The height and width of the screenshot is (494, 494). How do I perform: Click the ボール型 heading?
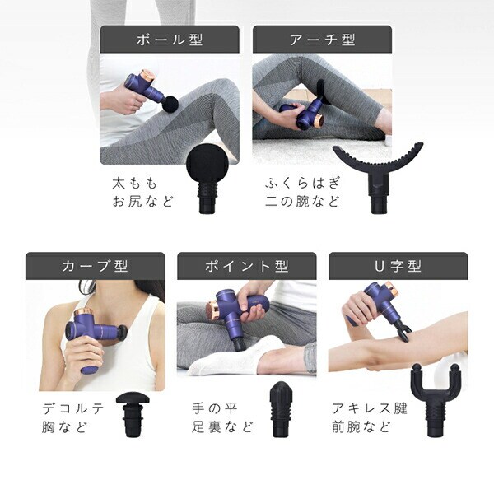(x=170, y=40)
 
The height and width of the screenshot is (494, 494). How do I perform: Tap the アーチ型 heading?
(x=323, y=40)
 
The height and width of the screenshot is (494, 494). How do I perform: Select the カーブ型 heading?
(x=95, y=266)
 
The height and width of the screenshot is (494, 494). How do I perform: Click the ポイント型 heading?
(x=247, y=266)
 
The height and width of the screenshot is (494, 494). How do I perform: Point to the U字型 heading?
(x=398, y=266)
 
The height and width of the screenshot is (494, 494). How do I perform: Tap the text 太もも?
(x=134, y=184)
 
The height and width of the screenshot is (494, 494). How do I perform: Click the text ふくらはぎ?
(x=303, y=184)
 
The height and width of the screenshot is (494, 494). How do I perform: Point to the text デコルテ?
(x=72, y=408)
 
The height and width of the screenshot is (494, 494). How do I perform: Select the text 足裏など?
(x=222, y=427)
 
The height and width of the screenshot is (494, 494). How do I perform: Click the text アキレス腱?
(x=370, y=408)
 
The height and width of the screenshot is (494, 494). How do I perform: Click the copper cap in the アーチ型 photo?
(x=319, y=121)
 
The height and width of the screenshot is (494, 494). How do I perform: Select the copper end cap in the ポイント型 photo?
(x=212, y=310)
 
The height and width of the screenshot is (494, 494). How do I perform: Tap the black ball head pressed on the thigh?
(x=170, y=105)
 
